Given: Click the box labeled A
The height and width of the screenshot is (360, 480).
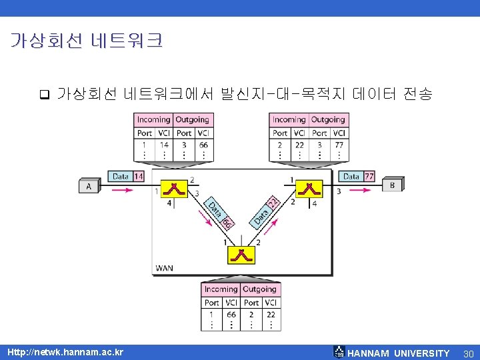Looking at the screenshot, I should coord(88,187).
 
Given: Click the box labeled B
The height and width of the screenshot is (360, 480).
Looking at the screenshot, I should coord(393,185).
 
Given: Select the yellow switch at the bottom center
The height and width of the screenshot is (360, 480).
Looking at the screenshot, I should coord(241,256).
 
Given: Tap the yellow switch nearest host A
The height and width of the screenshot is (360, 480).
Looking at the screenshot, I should coord(175,188).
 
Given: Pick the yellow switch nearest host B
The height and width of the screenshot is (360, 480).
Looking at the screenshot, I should coord(308,188).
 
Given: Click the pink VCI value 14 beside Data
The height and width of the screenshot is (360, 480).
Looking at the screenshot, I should coord(138,177).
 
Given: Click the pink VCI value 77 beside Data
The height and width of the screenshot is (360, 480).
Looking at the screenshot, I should coord(369,177).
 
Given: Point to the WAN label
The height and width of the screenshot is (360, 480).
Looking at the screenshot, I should coord(164,269).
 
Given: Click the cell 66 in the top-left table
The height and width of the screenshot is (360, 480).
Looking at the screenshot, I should coord(203,145).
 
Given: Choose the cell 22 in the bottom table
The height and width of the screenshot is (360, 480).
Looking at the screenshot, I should coord(271,314).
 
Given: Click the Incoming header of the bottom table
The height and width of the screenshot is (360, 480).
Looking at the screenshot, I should coord(221,289).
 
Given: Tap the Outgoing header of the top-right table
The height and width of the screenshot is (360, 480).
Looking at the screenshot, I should coord(328,120).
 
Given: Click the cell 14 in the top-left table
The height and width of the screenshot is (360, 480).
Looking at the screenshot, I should coord(164,145).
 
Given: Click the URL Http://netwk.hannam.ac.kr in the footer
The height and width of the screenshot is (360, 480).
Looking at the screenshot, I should coord(65,351).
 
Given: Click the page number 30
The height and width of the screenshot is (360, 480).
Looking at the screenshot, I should coord(468,353).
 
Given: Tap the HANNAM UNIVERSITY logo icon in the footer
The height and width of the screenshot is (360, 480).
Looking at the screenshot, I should coord(339,352).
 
